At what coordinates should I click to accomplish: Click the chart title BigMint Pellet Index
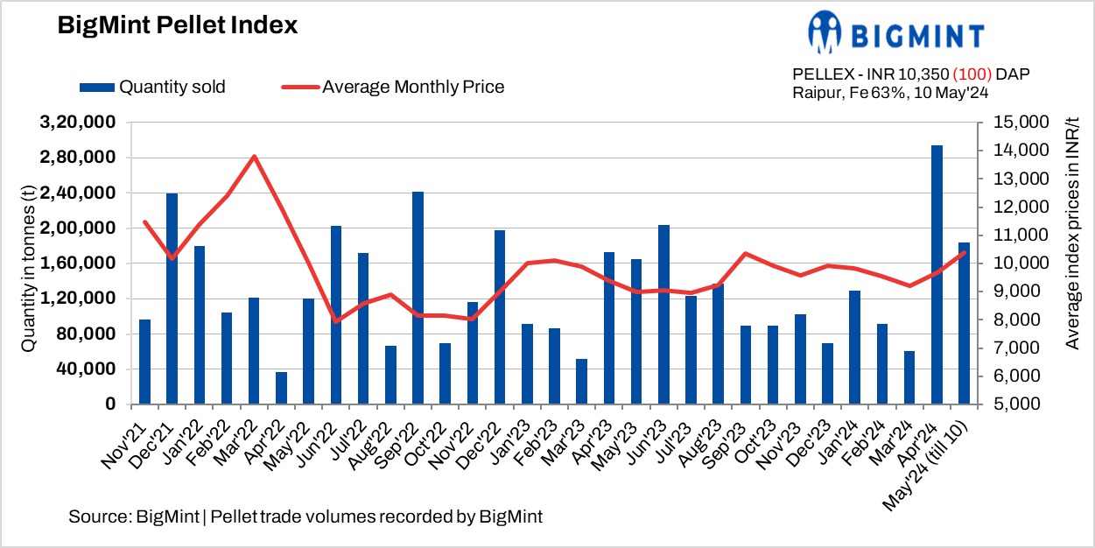point(178,26)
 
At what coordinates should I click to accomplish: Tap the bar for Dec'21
point(172,299)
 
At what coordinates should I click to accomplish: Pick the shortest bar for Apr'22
point(281,388)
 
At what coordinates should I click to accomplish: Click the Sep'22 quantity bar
point(418,298)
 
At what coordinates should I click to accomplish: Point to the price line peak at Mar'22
point(254,157)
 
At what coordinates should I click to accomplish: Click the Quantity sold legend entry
point(153,87)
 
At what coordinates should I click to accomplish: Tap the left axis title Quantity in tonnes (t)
point(28,263)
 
